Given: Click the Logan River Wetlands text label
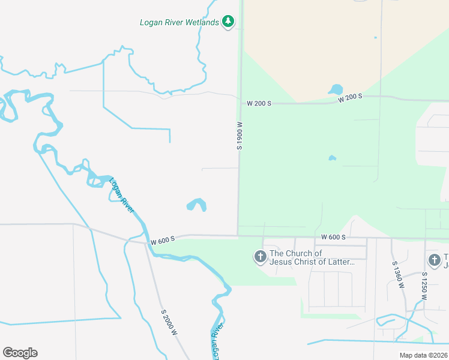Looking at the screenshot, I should pos(179,23).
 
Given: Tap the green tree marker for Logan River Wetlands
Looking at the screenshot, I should pos(228,22).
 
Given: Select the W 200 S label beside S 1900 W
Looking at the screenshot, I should pos(259,104).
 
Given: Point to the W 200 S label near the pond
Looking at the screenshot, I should pos(350,98).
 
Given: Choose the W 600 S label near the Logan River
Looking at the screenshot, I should pos(163,240).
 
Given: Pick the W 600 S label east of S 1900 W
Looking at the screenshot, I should pos(333,238).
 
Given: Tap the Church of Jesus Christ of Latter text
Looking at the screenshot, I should pos(312,257).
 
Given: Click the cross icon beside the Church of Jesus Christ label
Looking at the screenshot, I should pos(261,257).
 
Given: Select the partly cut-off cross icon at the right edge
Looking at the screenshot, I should pos(435,260).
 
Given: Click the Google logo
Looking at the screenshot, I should pos(20,353).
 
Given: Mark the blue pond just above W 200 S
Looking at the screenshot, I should pos(336,90).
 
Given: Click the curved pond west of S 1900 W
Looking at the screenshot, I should pos(197,205).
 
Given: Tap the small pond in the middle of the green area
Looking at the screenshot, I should pos(332,158).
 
